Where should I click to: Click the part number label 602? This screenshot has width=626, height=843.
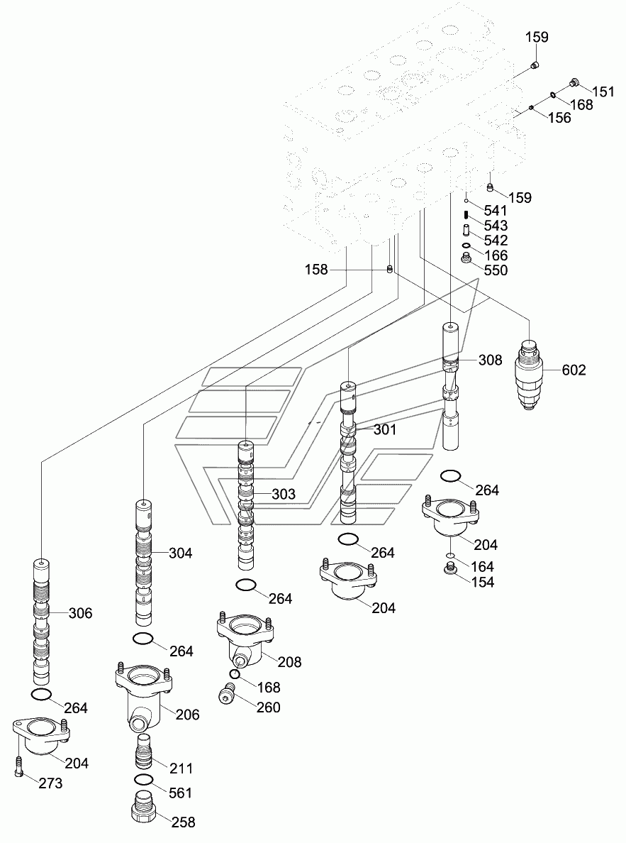coord(574,370)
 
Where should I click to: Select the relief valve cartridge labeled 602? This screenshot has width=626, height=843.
coord(530,375)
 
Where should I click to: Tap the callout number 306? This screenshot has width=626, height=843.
coord(81,613)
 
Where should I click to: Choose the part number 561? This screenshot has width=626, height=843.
coord(181,793)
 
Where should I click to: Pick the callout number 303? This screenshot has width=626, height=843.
coord(284,494)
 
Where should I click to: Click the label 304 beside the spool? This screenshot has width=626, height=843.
coord(181,553)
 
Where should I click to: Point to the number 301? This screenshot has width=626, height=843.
coord(385,429)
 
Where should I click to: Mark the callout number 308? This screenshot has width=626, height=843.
coord(491,360)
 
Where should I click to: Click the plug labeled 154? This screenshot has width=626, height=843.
coord(451,568)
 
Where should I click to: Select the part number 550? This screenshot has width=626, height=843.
coord(496,270)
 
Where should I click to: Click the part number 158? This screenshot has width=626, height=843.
coord(316,270)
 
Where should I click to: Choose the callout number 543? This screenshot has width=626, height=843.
coord(496,225)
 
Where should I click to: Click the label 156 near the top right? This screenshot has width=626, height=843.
coord(559,117)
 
